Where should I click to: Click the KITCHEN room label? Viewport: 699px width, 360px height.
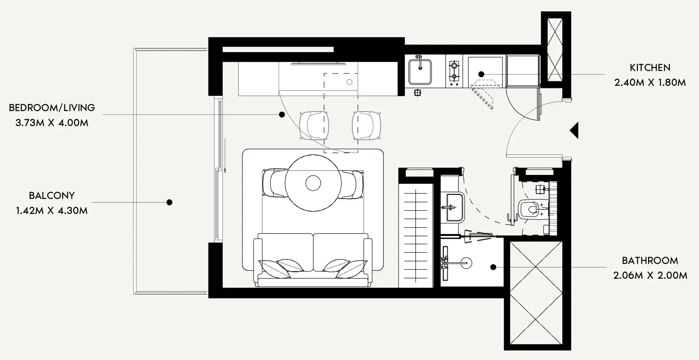click(650, 68)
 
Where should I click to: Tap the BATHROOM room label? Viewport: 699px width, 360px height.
click(650, 261)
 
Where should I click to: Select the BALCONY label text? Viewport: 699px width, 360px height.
click(52, 196)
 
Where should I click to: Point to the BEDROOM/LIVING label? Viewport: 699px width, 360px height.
click(52, 108)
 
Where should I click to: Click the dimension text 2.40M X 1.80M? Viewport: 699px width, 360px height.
click(650, 83)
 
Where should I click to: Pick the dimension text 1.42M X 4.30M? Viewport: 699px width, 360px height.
click(52, 211)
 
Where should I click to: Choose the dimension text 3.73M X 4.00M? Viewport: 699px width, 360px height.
click(52, 123)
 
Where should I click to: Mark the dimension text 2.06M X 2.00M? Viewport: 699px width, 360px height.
click(650, 276)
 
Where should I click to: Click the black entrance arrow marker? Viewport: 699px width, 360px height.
click(574, 131)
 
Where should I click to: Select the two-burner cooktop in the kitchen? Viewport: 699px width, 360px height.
click(454, 71)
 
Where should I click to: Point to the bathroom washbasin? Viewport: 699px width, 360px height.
click(452, 207)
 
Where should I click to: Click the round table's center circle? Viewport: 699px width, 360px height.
click(313, 183)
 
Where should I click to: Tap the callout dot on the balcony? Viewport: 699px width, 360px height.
click(169, 202)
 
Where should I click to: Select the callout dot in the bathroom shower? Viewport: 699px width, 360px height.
click(493, 267)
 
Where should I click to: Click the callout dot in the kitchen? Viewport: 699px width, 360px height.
click(481, 74)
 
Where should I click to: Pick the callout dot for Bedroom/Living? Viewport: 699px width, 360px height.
click(282, 115)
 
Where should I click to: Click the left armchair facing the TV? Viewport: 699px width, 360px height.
click(314, 125)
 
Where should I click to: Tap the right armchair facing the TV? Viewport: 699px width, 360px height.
click(367, 125)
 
